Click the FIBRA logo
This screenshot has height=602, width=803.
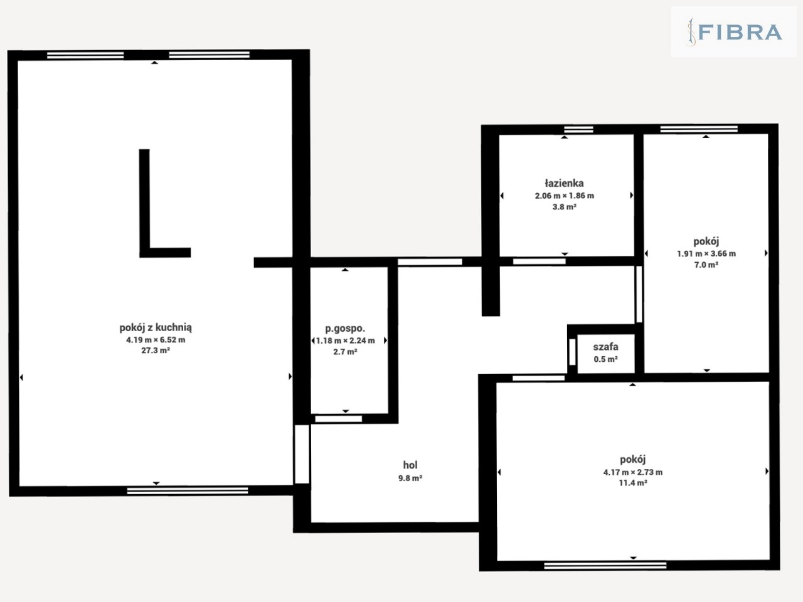pyautogui.click(x=734, y=32)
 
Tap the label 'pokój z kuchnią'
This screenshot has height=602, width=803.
pyautogui.click(x=156, y=327)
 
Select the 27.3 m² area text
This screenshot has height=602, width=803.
pyautogui.click(x=156, y=351)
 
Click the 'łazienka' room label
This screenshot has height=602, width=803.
pyautogui.click(x=564, y=183)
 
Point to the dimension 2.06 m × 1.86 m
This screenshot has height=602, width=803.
pyautogui.click(x=565, y=196)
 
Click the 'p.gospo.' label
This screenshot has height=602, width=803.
pyautogui.click(x=345, y=329)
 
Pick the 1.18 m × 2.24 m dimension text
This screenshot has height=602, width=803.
pyautogui.click(x=345, y=341)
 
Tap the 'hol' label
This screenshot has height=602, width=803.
pyautogui.click(x=410, y=465)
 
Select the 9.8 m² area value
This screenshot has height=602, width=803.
pyautogui.click(x=410, y=478)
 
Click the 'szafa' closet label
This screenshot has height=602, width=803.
pyautogui.click(x=606, y=347)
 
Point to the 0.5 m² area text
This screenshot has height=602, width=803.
pyautogui.click(x=606, y=359)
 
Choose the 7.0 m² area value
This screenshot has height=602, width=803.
pyautogui.click(x=706, y=265)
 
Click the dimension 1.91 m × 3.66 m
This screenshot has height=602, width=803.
pyautogui.click(x=706, y=254)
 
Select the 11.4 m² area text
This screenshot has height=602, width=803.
pyautogui.click(x=633, y=483)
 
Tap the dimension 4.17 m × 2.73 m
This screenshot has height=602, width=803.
pyautogui.click(x=633, y=472)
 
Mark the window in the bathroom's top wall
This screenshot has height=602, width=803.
pyautogui.click(x=578, y=129)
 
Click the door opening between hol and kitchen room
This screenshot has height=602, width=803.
pyautogui.click(x=302, y=454)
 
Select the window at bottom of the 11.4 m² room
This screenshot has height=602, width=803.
pyautogui.click(x=605, y=566)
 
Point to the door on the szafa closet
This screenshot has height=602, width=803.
pyautogui.click(x=573, y=352)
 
